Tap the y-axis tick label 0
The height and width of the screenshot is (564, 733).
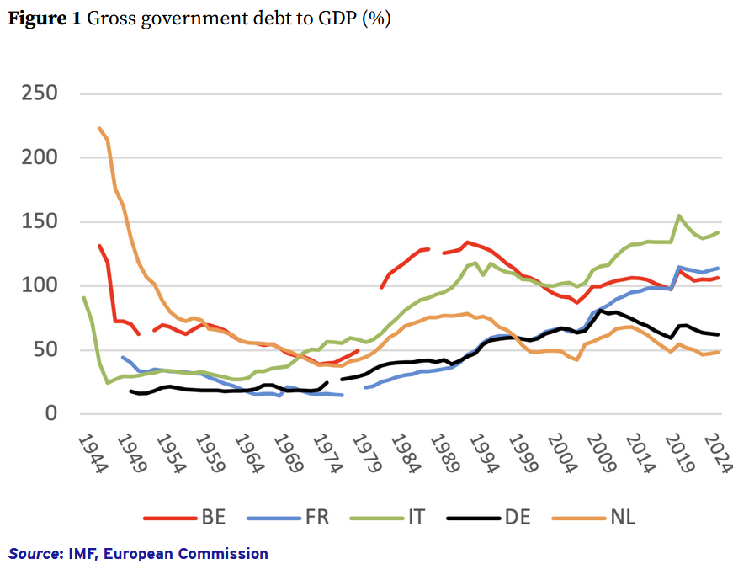click(x=73, y=413)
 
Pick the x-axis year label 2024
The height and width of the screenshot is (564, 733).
click(x=717, y=455)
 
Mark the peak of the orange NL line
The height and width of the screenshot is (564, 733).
click(x=99, y=128)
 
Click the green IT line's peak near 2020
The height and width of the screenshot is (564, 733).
click(x=678, y=215)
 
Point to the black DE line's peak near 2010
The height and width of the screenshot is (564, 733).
click(x=600, y=310)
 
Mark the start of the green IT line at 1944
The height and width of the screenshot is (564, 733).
click(x=83, y=297)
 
